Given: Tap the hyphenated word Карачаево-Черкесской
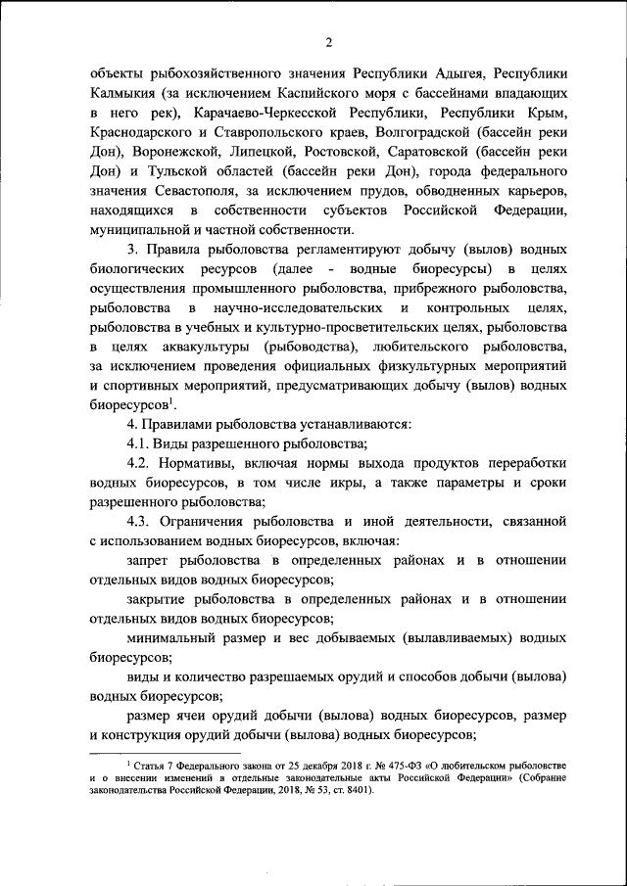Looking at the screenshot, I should point(268,114).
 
